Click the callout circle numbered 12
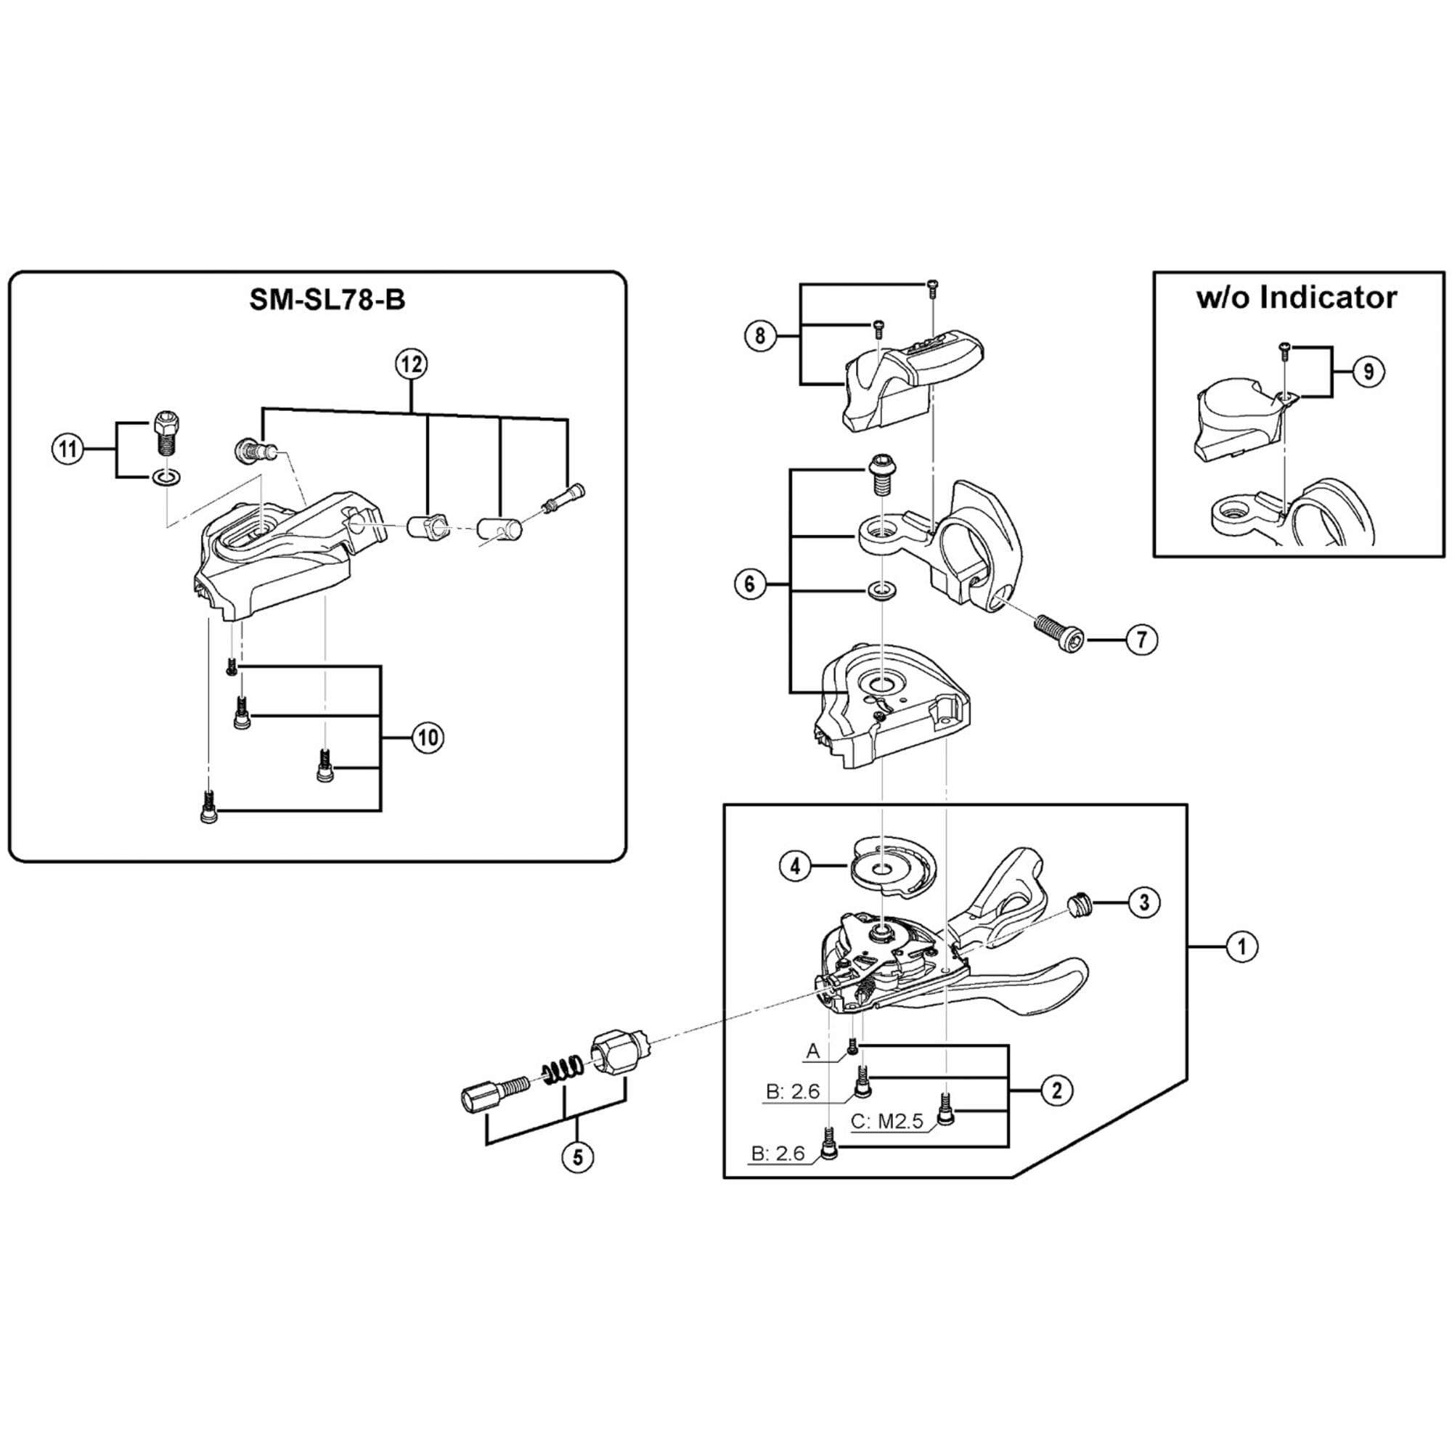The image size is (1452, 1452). tap(411, 364)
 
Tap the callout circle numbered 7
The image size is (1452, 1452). tap(1141, 640)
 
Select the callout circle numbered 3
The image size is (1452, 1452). tap(1144, 902)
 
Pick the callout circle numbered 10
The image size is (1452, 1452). tap(428, 738)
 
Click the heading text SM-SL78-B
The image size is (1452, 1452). tap(327, 300)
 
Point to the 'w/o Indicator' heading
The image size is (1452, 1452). tap(1297, 298)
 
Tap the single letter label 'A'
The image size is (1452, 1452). tap(812, 1051)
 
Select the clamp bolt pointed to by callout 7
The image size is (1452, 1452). tap(1059, 624)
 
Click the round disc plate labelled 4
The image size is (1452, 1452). tap(893, 870)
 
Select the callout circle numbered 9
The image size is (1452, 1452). tap(1368, 371)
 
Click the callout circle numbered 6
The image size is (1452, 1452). tap(749, 583)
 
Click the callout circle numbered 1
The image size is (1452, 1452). tap(1241, 946)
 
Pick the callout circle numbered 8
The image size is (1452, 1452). tap(759, 335)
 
